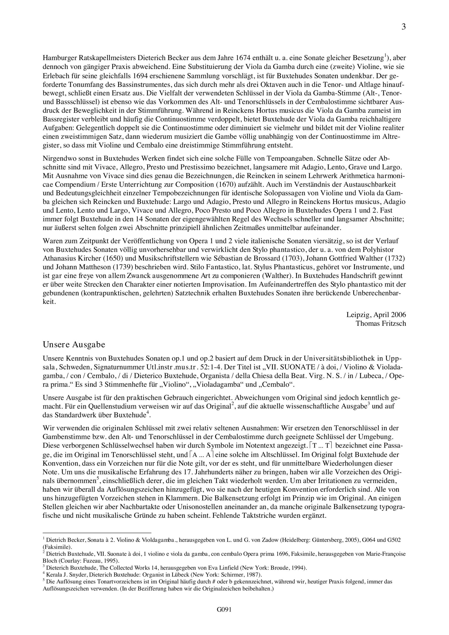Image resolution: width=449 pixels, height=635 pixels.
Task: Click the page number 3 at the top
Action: (x=404, y=27)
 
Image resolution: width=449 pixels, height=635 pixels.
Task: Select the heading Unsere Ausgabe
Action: (x=74, y=345)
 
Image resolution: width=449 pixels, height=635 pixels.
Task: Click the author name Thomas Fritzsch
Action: (x=381, y=323)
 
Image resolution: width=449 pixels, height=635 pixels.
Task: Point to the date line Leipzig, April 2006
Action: (x=376, y=315)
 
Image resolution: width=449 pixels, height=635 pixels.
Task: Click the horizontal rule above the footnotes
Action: (x=97, y=532)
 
